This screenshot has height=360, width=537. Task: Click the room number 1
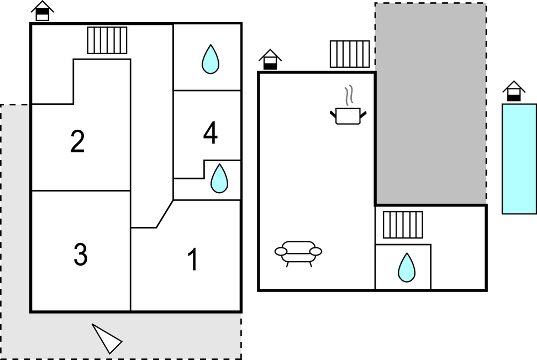point(193,260)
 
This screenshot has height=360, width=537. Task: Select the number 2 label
point(78,141)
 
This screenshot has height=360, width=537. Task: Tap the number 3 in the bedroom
point(81,254)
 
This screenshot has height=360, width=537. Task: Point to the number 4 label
point(210,133)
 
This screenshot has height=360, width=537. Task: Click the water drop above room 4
point(210,59)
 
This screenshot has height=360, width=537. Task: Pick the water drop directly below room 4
point(219,178)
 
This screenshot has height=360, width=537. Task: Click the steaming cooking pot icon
point(348,115)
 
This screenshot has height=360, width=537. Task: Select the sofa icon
point(298,252)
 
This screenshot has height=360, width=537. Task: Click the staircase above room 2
point(107,40)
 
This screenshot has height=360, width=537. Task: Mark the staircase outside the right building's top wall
point(350,54)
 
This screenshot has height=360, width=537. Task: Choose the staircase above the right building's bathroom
point(403,225)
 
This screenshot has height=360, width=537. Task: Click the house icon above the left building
point(43,11)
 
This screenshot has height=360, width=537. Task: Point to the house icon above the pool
point(514,91)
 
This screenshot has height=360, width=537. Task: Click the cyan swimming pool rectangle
point(519,158)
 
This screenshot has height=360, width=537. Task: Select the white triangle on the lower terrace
point(106,338)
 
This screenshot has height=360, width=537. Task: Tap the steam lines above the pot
point(348,96)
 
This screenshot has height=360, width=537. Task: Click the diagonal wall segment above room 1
point(165,214)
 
